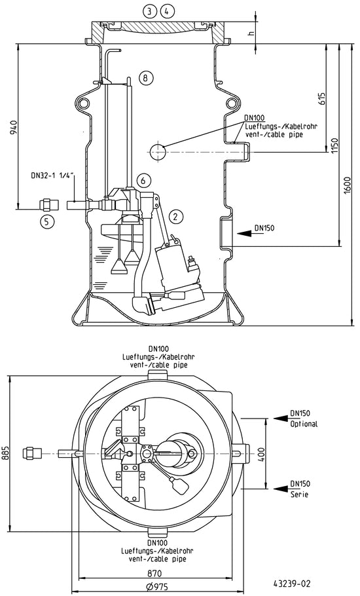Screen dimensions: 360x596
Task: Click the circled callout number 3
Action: [x=150, y=12]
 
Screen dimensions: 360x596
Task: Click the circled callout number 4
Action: [x=167, y=12]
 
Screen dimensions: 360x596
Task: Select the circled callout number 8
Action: [x=146, y=78]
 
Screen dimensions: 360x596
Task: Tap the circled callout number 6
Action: [x=143, y=180]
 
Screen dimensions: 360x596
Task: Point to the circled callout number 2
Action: [x=175, y=216]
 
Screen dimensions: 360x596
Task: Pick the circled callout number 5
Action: [x=46, y=222]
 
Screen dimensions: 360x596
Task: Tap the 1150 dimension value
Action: [x=334, y=145]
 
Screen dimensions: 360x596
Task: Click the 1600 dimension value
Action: [x=347, y=185]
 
